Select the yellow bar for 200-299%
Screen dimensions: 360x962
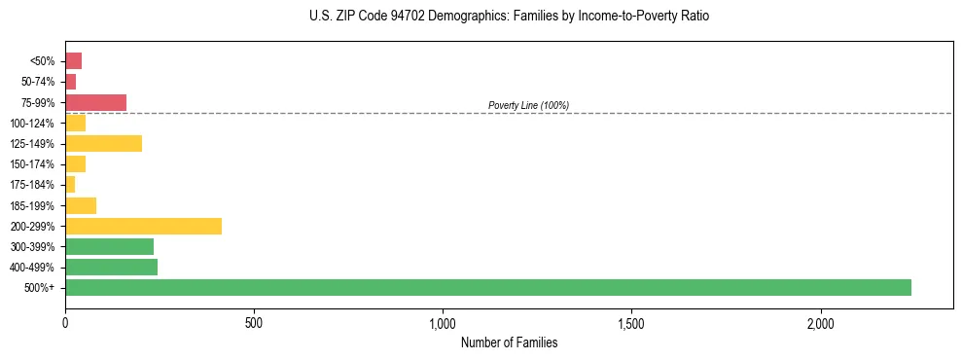(143, 226)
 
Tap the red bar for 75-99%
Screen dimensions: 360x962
(95, 102)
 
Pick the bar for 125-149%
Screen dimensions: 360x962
(103, 143)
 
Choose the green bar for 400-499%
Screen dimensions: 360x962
(111, 267)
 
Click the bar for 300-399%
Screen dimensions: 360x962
(109, 246)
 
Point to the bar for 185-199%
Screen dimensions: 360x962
(81, 205)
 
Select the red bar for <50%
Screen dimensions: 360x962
(73, 61)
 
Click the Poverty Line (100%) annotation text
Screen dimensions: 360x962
(528, 105)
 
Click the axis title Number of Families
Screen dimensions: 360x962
(509, 342)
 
